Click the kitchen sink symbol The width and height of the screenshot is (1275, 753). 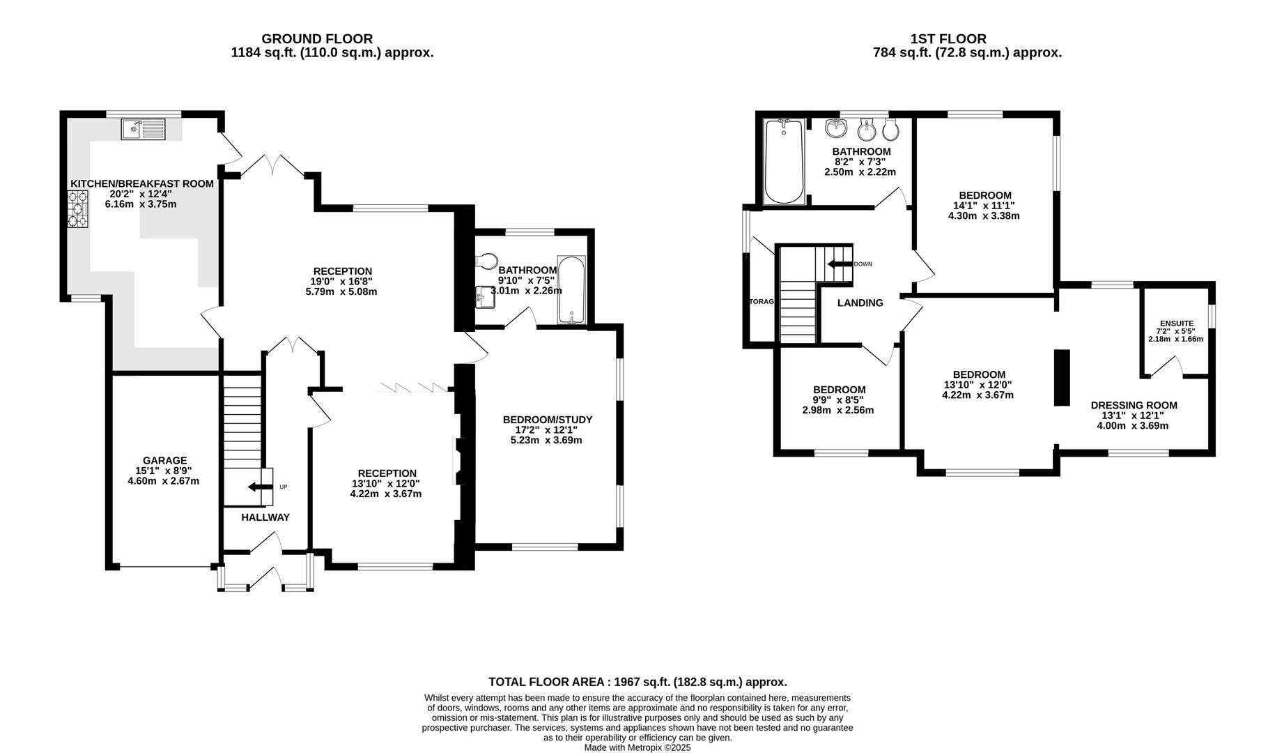[x=143, y=129]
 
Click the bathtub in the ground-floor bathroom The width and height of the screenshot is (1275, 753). [x=572, y=290]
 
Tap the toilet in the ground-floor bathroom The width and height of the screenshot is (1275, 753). [x=486, y=261]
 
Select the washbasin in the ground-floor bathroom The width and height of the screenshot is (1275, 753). [x=486, y=296]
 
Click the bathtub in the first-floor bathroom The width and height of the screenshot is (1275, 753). [x=785, y=161]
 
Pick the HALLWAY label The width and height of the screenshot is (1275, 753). [x=265, y=517]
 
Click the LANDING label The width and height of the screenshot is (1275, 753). [x=860, y=303]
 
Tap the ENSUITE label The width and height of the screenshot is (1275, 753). [x=1177, y=324]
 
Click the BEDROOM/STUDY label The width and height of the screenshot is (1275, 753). [x=548, y=420]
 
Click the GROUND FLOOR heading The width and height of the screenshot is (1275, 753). [x=317, y=39]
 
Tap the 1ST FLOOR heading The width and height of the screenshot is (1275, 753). [x=948, y=39]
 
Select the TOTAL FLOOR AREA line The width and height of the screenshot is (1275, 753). [x=637, y=682]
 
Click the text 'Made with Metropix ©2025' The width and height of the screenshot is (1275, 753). [x=637, y=747]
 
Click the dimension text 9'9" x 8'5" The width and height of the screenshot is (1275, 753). [x=839, y=400]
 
